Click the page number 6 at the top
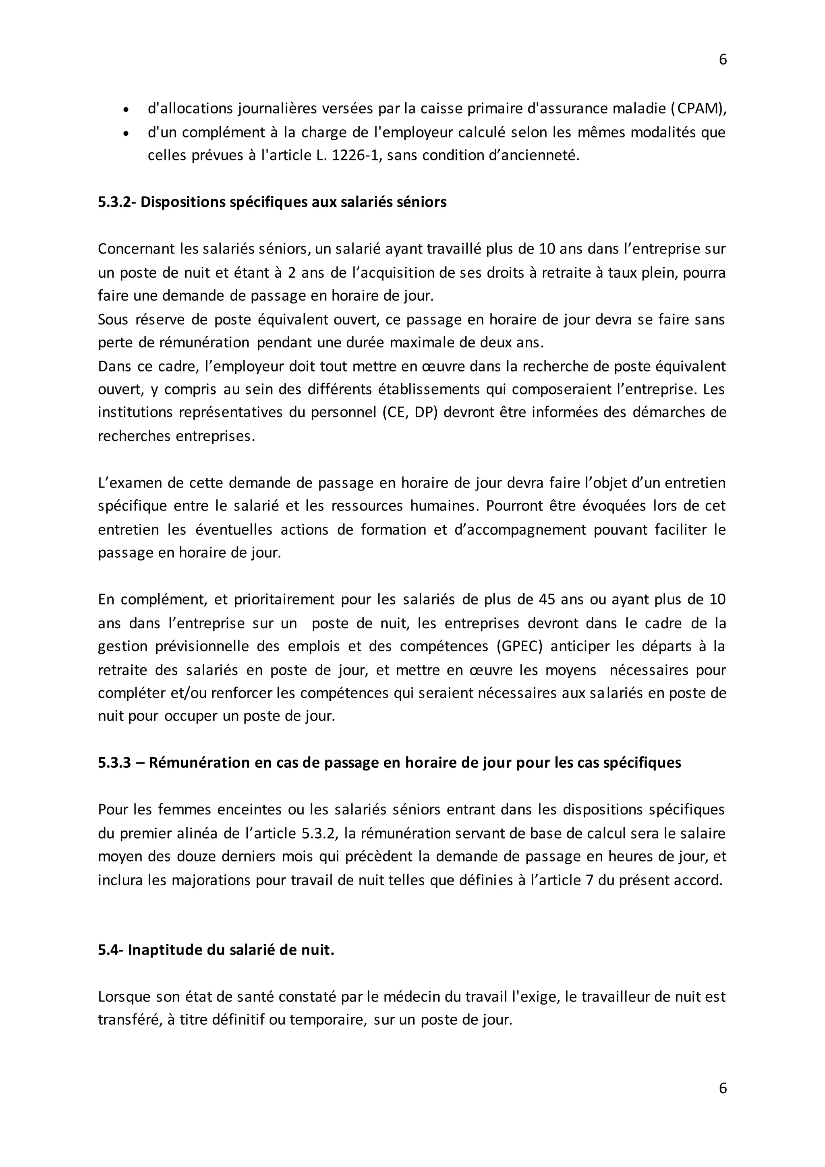coord(722,60)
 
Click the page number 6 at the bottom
coord(722,1088)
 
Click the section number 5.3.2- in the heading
coord(116,202)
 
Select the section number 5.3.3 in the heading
coord(114,763)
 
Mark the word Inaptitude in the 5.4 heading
coord(164,951)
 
